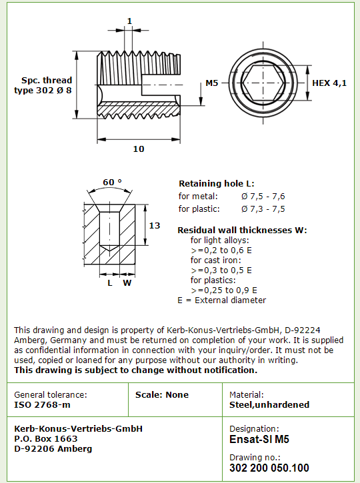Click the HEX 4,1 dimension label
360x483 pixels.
pyautogui.click(x=329, y=83)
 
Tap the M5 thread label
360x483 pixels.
pyautogui.click(x=212, y=83)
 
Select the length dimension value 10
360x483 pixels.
pyautogui.click(x=139, y=149)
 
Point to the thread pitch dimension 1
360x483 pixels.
pyautogui.click(x=129, y=21)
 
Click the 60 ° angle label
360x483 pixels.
pyautogui.click(x=112, y=183)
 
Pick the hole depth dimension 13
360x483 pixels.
pyautogui.click(x=155, y=225)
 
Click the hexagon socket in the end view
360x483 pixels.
pyautogui.click(x=263, y=83)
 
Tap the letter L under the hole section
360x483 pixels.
pyautogui.click(x=110, y=282)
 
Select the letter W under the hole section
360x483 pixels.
pyautogui.click(x=127, y=282)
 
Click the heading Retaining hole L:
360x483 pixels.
pyautogui.click(x=217, y=184)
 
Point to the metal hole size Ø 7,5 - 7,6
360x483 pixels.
pyautogui.click(x=263, y=197)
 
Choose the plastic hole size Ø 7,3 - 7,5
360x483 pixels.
pyautogui.click(x=263, y=209)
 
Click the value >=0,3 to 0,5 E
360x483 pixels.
pyautogui.click(x=221, y=270)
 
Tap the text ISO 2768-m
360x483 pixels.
pyautogui.click(x=42, y=404)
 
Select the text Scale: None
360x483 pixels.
pyautogui.click(x=162, y=394)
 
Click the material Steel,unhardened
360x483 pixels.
pyautogui.click(x=269, y=404)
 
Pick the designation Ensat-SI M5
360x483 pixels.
pyautogui.click(x=259, y=439)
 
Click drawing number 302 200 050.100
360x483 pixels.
pyautogui.click(x=269, y=468)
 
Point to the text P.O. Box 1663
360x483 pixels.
pyautogui.click(x=45, y=438)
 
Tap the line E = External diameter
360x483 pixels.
pyautogui.click(x=221, y=300)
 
